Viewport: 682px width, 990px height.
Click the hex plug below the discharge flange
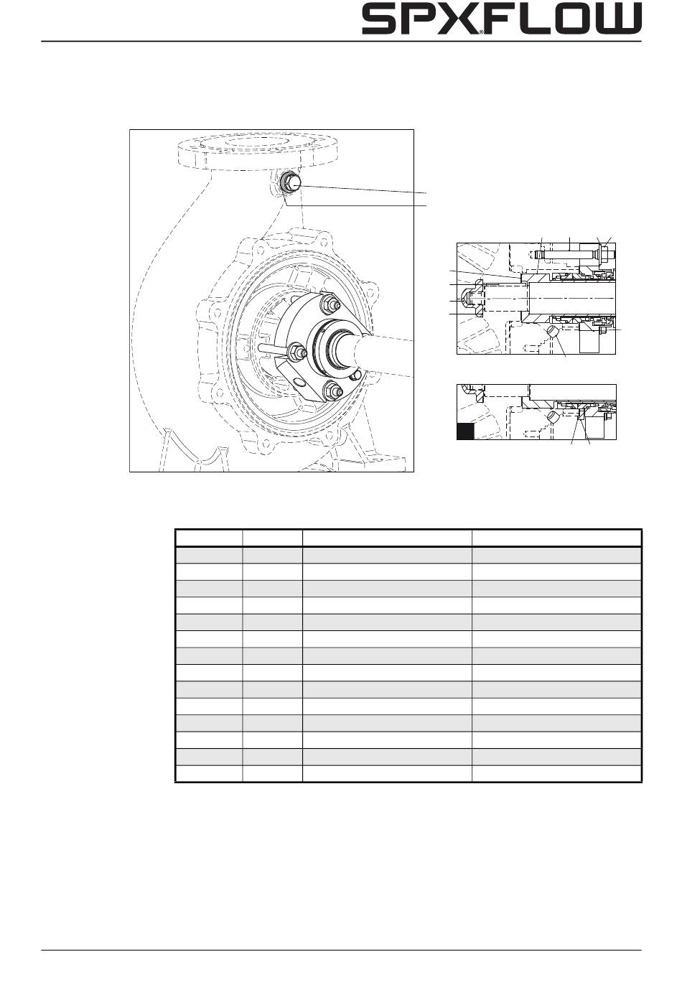click(290, 182)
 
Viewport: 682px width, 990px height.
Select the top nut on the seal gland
click(329, 303)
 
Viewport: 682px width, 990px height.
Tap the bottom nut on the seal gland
click(331, 391)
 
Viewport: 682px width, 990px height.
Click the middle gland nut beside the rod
click(294, 352)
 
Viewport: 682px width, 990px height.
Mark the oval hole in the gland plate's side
click(299, 381)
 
